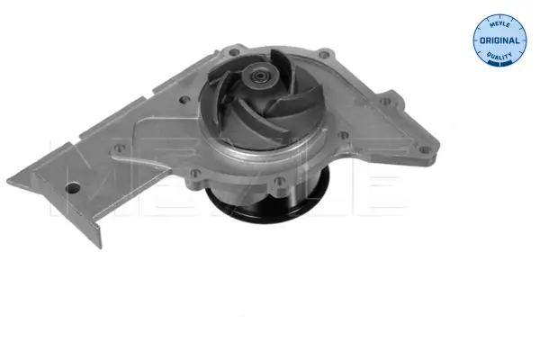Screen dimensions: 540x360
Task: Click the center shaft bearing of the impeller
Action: (x=260, y=75)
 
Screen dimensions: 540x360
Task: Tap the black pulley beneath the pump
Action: (x=268, y=204)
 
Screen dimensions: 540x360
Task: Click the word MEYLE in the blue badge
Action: (x=499, y=25)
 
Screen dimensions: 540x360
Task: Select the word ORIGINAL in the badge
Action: (x=499, y=40)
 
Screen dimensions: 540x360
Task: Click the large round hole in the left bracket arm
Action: (x=73, y=188)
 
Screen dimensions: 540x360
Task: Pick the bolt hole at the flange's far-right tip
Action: (x=426, y=149)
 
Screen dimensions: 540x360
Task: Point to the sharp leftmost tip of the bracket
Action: (x=7, y=180)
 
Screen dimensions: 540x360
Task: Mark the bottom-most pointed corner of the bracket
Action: (x=100, y=247)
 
